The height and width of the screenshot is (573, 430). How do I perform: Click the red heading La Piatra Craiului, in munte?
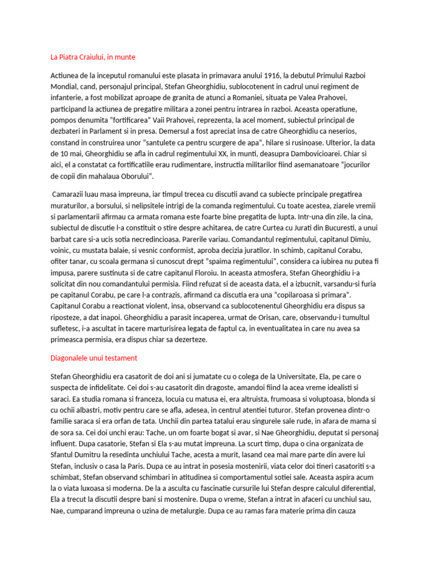tap(93, 57)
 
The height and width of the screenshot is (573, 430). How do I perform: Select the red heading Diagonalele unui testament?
tap(94, 358)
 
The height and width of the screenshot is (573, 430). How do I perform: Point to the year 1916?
tap(271, 75)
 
